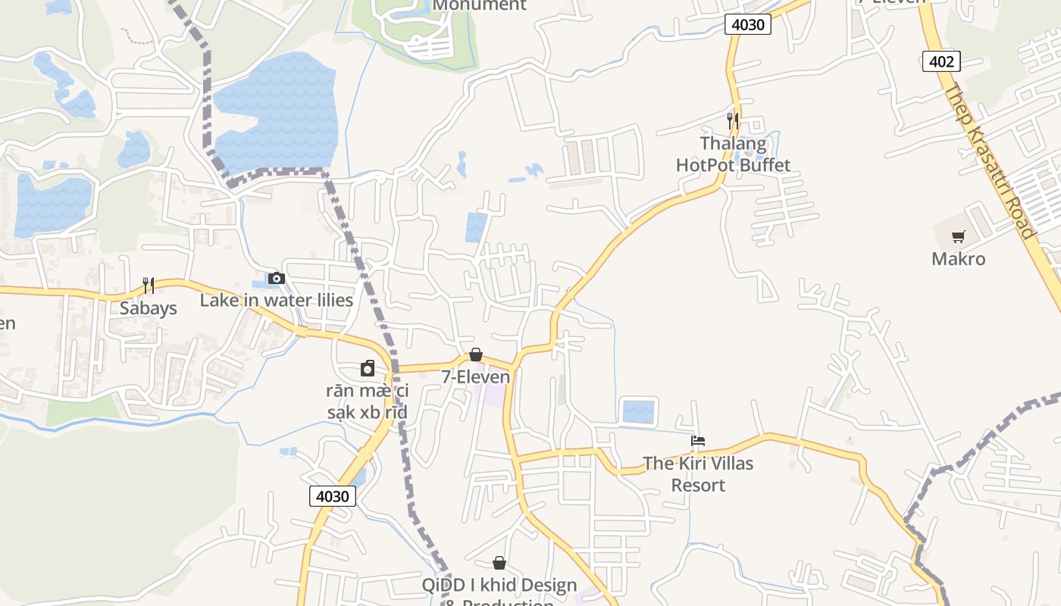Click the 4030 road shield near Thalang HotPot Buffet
[748, 24]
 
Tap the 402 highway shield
[941, 61]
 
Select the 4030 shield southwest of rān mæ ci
[332, 496]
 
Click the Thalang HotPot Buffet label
[733, 154]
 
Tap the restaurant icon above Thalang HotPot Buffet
[732, 120]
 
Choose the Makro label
[958, 259]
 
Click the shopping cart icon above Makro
[959, 236]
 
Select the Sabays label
[149, 308]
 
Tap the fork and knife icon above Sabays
[149, 285]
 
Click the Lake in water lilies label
[277, 301]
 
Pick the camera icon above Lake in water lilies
[277, 278]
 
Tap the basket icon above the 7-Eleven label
[476, 355]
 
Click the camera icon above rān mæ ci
[368, 369]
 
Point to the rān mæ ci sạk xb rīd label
[368, 401]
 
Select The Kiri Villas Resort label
[698, 473]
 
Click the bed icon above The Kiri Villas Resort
[698, 440]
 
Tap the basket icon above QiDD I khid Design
[499, 563]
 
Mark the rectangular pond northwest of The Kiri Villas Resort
[638, 412]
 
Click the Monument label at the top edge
[479, 5]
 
